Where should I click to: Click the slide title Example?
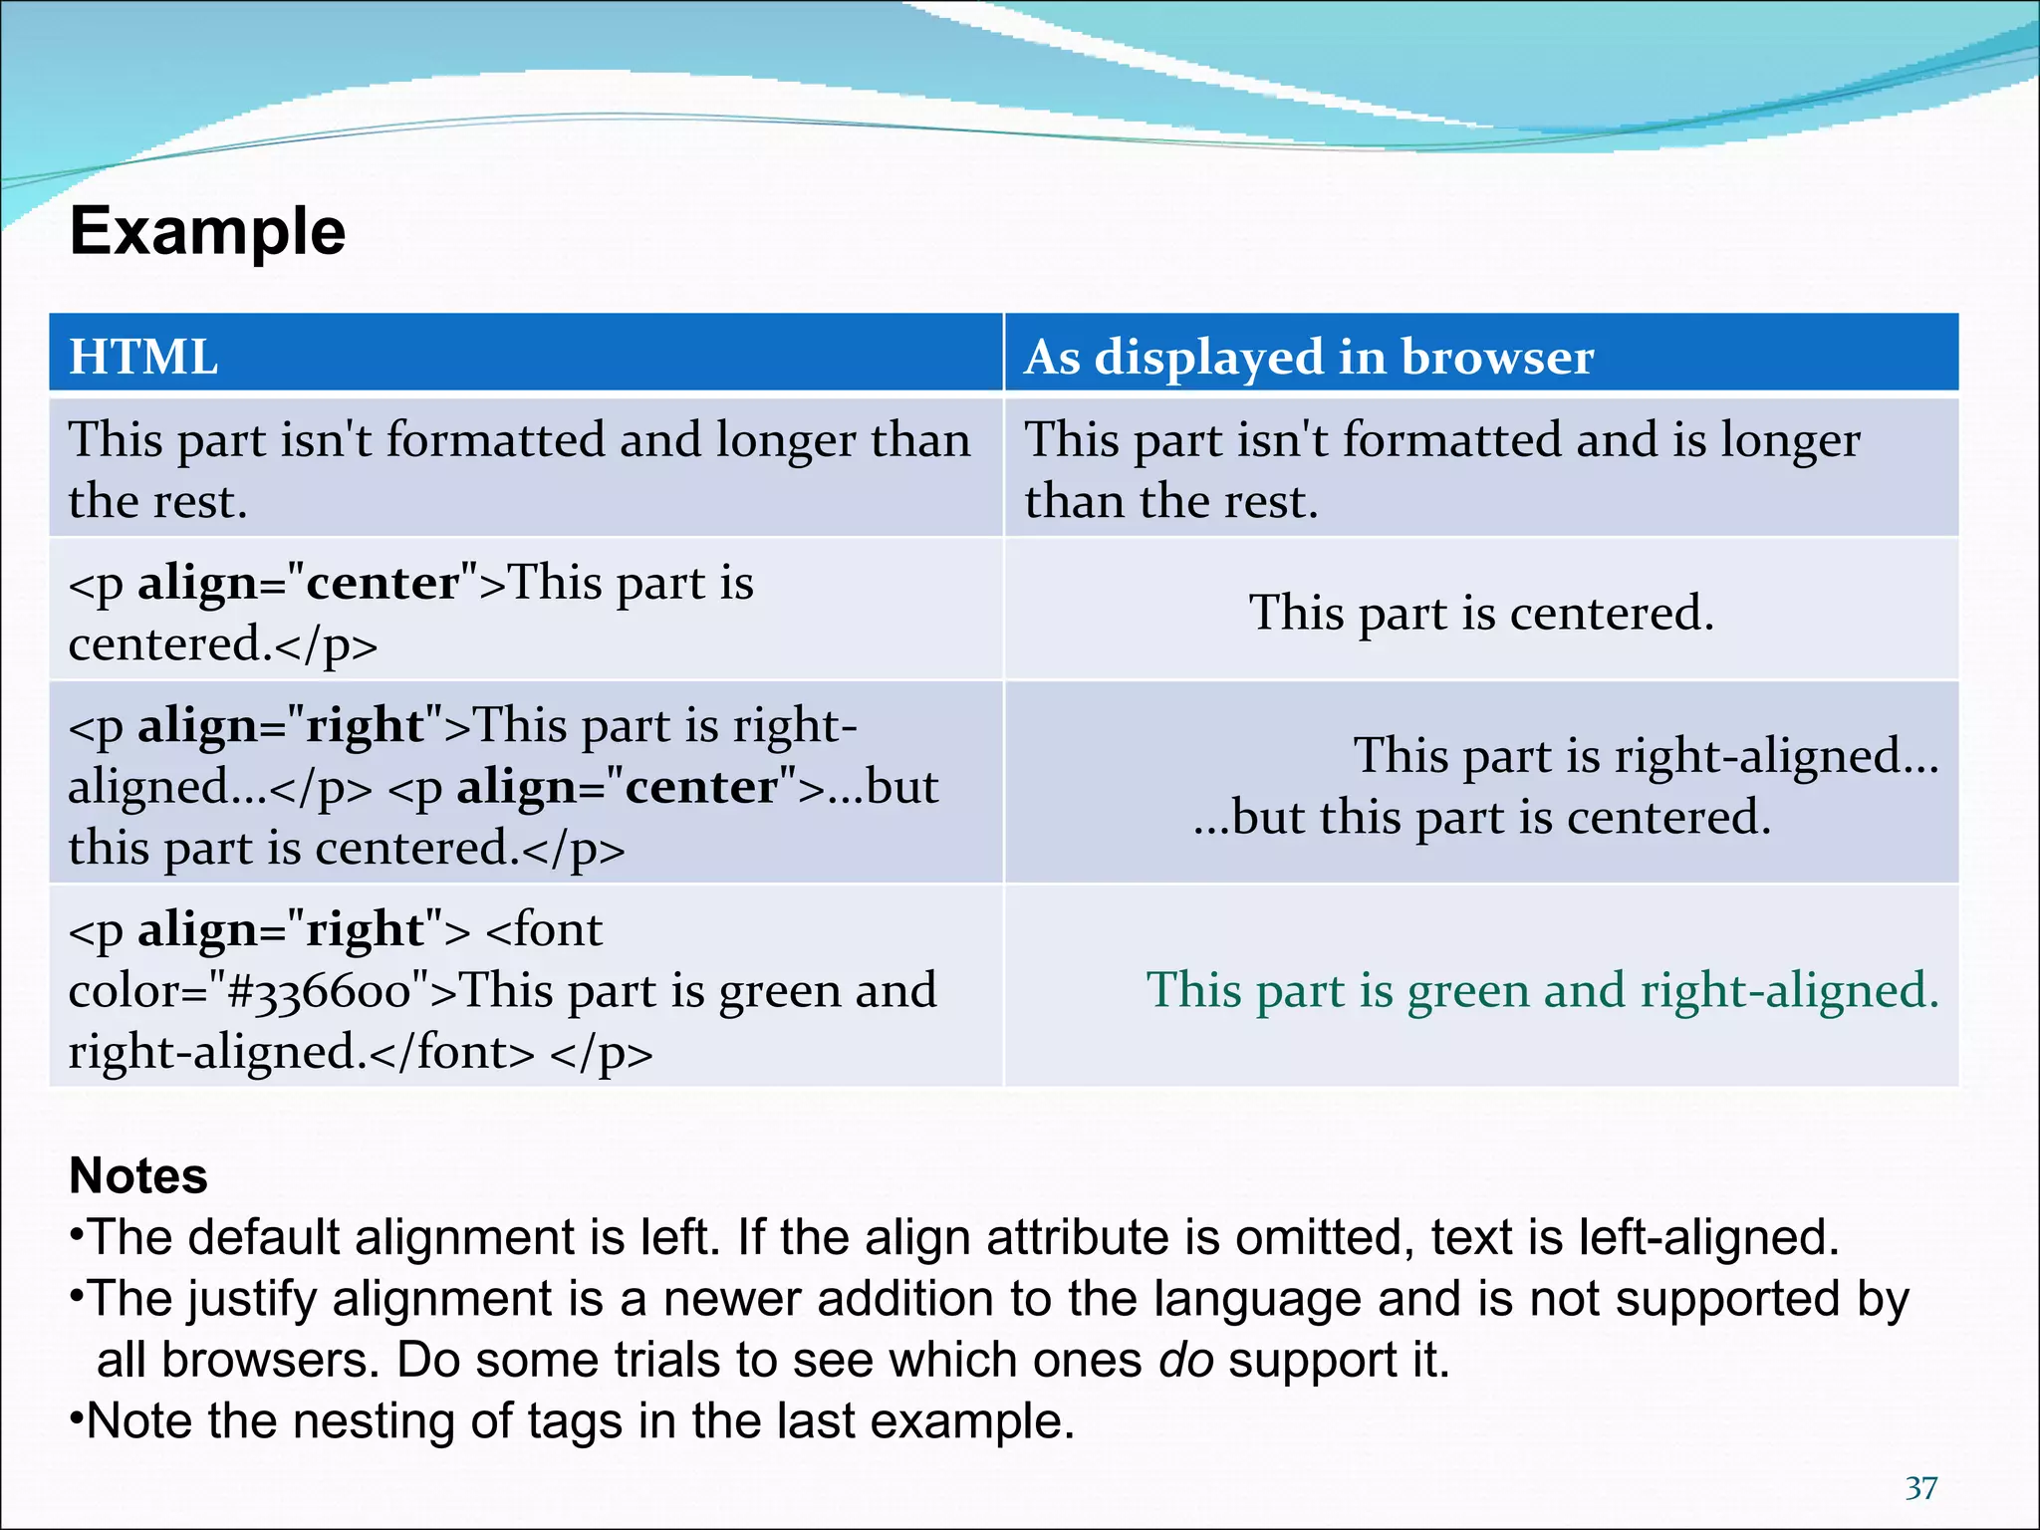(207, 231)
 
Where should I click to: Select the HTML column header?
(143, 356)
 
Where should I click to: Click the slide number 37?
(1921, 1488)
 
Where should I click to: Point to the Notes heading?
(138, 1175)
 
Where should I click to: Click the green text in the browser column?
(1542, 989)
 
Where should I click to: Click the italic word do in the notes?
(1186, 1360)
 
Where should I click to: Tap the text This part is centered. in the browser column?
(1481, 612)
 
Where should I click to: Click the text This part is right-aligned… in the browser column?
(1646, 755)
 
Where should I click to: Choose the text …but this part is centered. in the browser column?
(1482, 817)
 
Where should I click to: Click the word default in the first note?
(263, 1237)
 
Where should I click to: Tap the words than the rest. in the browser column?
(1171, 501)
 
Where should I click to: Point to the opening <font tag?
(544, 929)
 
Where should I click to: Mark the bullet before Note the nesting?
(76, 1418)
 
